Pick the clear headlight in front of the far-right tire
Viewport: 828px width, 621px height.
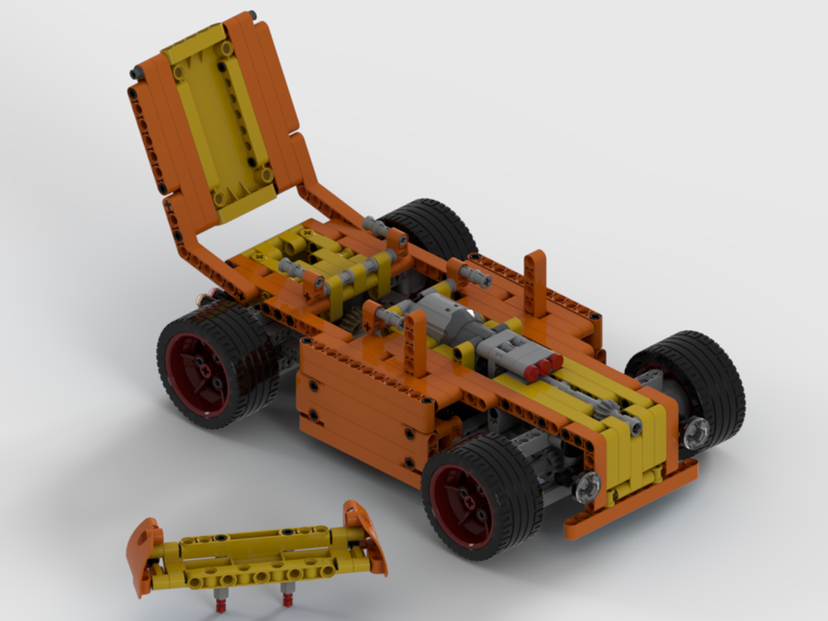point(695,430)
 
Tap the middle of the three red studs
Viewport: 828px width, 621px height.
point(543,365)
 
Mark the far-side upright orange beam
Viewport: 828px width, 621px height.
point(535,282)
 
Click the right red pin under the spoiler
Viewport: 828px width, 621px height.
point(287,595)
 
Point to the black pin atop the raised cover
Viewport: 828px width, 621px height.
point(251,14)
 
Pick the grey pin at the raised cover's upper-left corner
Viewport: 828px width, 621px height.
point(136,75)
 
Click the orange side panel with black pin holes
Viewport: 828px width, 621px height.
point(364,406)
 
